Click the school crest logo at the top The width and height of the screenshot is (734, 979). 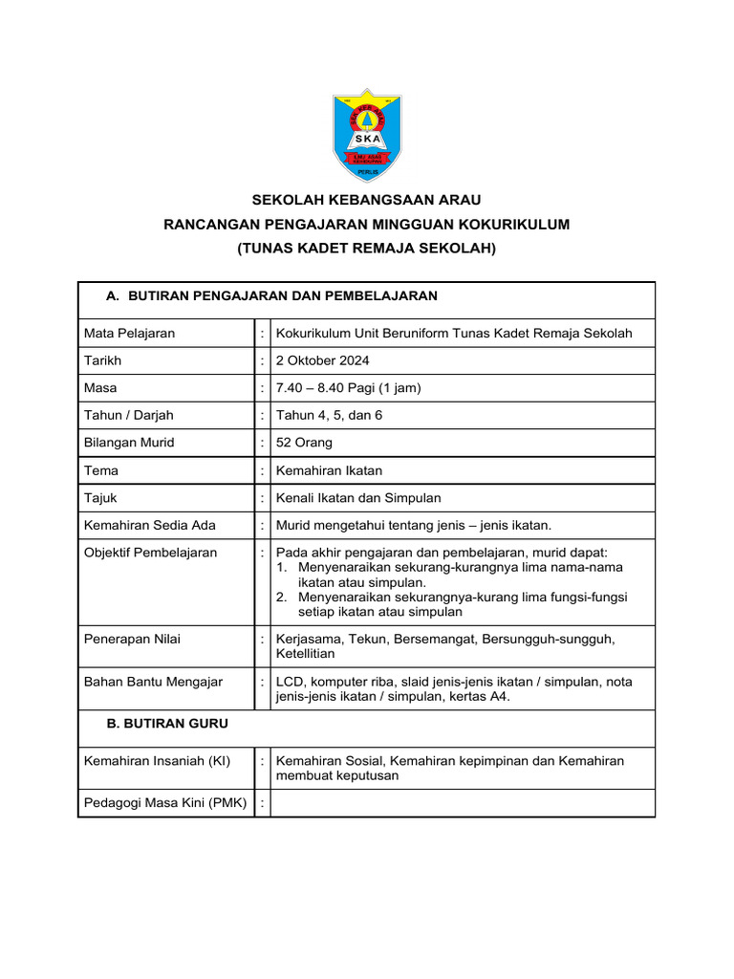367,135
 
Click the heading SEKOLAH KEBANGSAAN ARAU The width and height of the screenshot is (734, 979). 366,200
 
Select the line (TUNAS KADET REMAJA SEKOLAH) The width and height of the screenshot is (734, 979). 366,248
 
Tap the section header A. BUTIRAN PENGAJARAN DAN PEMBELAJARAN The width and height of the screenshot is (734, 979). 271,296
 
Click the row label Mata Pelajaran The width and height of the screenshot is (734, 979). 129,334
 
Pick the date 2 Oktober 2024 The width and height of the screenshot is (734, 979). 322,360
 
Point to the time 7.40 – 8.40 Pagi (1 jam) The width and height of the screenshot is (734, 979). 348,388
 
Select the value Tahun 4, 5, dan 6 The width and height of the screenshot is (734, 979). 329,415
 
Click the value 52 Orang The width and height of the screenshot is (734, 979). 304,443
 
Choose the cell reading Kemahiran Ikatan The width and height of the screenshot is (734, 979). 329,470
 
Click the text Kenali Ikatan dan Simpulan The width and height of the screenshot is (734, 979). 358,498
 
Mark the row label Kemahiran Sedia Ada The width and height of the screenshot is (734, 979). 150,525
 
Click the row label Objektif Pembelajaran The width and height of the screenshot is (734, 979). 150,553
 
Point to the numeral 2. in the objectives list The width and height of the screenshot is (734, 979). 283,597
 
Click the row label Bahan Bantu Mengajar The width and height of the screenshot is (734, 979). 153,682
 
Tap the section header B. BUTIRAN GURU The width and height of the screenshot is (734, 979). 167,724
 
